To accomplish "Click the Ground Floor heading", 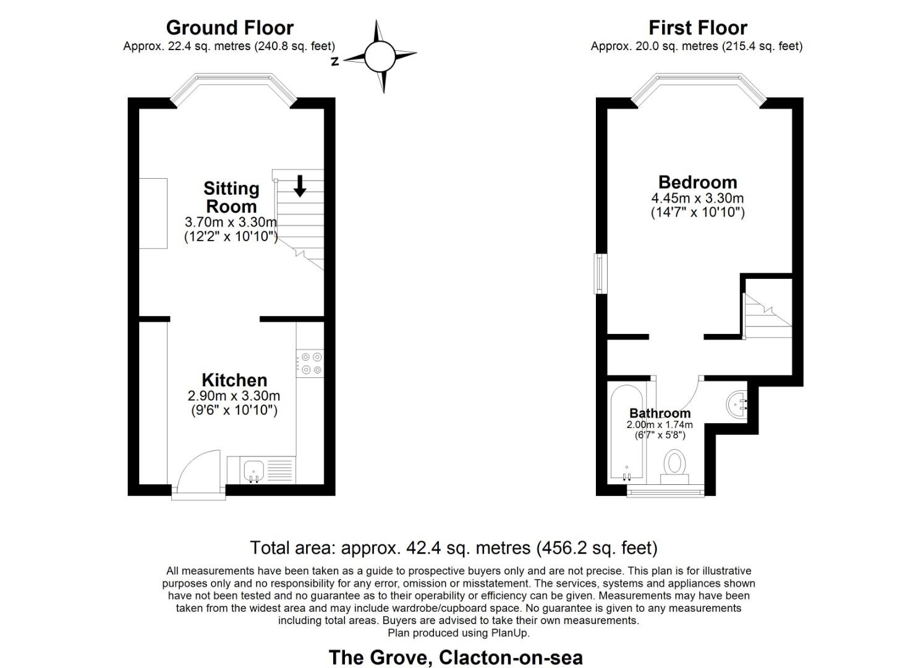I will [x=229, y=28].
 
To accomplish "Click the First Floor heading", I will [x=697, y=28].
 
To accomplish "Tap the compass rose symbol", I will [x=379, y=57].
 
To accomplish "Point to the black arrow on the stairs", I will [x=300, y=186].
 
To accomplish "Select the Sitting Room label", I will [x=231, y=197].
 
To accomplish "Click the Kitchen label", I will [x=234, y=380].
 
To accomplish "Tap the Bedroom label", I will [x=697, y=182].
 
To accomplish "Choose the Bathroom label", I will [x=660, y=413].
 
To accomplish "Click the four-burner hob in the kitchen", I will [x=310, y=363].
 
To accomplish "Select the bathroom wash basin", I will [x=736, y=404].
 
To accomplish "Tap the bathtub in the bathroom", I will [x=626, y=433].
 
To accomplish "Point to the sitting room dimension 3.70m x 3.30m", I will [x=231, y=222].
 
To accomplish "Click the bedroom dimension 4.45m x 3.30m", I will [x=697, y=199].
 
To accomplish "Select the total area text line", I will [x=453, y=548].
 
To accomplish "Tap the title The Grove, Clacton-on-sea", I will [x=455, y=657].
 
